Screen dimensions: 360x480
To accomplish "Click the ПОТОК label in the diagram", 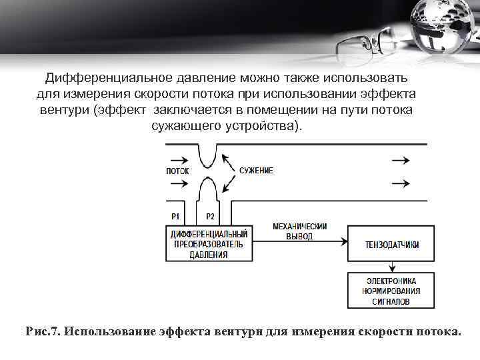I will (177, 171).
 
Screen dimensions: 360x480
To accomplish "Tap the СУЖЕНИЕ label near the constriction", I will (256, 171).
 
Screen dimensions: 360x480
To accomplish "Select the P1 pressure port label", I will (176, 217).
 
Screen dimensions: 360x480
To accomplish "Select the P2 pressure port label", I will (210, 217).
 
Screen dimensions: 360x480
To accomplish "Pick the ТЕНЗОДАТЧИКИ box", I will (392, 245).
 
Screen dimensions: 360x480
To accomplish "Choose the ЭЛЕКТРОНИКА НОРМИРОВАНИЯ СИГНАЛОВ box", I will (392, 291).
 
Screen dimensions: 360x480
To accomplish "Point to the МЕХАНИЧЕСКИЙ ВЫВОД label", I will (300, 231).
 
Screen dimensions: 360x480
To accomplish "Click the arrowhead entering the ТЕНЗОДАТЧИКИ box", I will (344, 244).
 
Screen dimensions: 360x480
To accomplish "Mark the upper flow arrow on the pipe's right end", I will (401, 160).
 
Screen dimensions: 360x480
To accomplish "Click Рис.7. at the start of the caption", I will (43, 331).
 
